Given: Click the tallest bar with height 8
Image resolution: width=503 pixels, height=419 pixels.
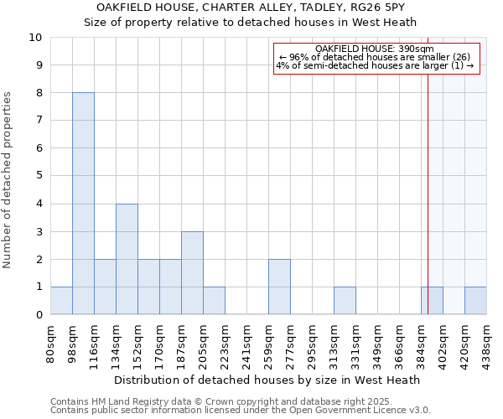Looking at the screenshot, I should click(83, 204).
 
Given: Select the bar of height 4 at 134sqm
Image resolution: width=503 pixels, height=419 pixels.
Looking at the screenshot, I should click(127, 259).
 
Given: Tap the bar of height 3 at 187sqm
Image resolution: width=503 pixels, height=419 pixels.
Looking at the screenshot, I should click(192, 273).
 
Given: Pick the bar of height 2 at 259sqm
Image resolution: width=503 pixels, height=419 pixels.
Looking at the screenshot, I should click(279, 287).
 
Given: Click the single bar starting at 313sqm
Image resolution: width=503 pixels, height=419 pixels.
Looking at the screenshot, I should click(345, 301).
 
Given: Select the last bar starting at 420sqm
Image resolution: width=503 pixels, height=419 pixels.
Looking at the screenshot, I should click(475, 301).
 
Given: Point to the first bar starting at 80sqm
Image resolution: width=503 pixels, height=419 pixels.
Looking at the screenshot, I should click(61, 301).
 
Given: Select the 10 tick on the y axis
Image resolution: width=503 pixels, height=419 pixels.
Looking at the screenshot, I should click(37, 38).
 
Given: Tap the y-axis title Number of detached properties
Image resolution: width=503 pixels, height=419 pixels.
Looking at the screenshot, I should click(8, 180).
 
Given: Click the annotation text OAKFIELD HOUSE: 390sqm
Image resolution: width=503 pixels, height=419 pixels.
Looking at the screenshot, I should click(375, 49).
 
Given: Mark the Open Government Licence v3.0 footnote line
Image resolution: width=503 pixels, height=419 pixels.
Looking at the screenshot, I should click(241, 411).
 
